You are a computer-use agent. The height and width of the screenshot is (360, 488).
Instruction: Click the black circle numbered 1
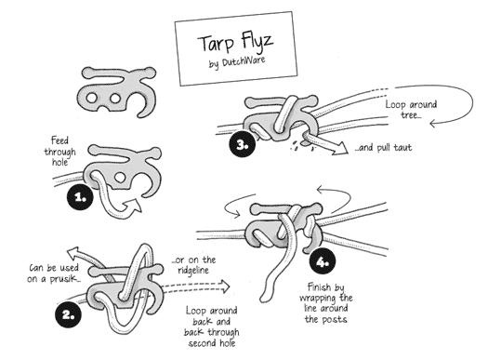(80, 197)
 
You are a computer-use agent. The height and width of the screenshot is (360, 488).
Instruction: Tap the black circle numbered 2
(68, 313)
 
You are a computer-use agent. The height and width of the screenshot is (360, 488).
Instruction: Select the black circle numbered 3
(242, 144)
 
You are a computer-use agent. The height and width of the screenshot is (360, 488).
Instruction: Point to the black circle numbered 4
(323, 261)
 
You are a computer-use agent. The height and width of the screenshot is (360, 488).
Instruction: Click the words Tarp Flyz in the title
(235, 42)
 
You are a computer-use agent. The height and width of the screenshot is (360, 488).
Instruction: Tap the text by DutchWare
(237, 62)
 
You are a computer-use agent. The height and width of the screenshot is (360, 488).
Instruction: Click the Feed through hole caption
(59, 152)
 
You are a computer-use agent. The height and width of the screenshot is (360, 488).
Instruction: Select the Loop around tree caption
(411, 109)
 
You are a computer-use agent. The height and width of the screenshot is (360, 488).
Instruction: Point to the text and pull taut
(383, 147)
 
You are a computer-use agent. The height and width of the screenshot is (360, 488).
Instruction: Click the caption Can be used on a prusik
(53, 273)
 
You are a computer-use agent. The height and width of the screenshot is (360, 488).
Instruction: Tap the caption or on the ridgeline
(193, 265)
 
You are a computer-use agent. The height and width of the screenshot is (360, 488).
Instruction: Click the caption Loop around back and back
(212, 327)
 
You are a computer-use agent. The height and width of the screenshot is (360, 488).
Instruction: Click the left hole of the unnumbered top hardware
(92, 98)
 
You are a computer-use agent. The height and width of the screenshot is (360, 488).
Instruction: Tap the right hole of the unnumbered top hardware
(115, 99)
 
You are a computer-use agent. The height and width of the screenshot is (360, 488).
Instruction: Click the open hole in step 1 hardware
(120, 178)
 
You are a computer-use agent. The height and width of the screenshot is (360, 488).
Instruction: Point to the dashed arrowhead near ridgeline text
(223, 287)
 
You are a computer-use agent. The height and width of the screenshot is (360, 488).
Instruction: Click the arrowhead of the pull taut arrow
(340, 148)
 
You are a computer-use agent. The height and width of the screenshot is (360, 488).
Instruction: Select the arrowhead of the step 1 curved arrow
(133, 206)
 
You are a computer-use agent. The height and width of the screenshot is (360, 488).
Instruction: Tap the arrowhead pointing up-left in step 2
(74, 252)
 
